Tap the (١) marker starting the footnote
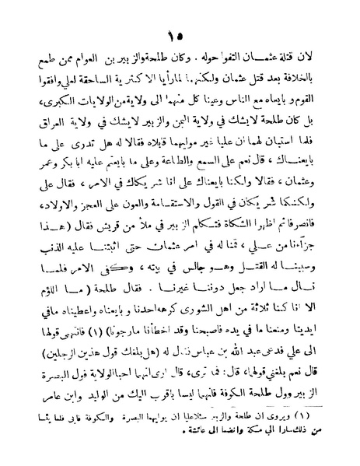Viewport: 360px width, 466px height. (318, 420)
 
